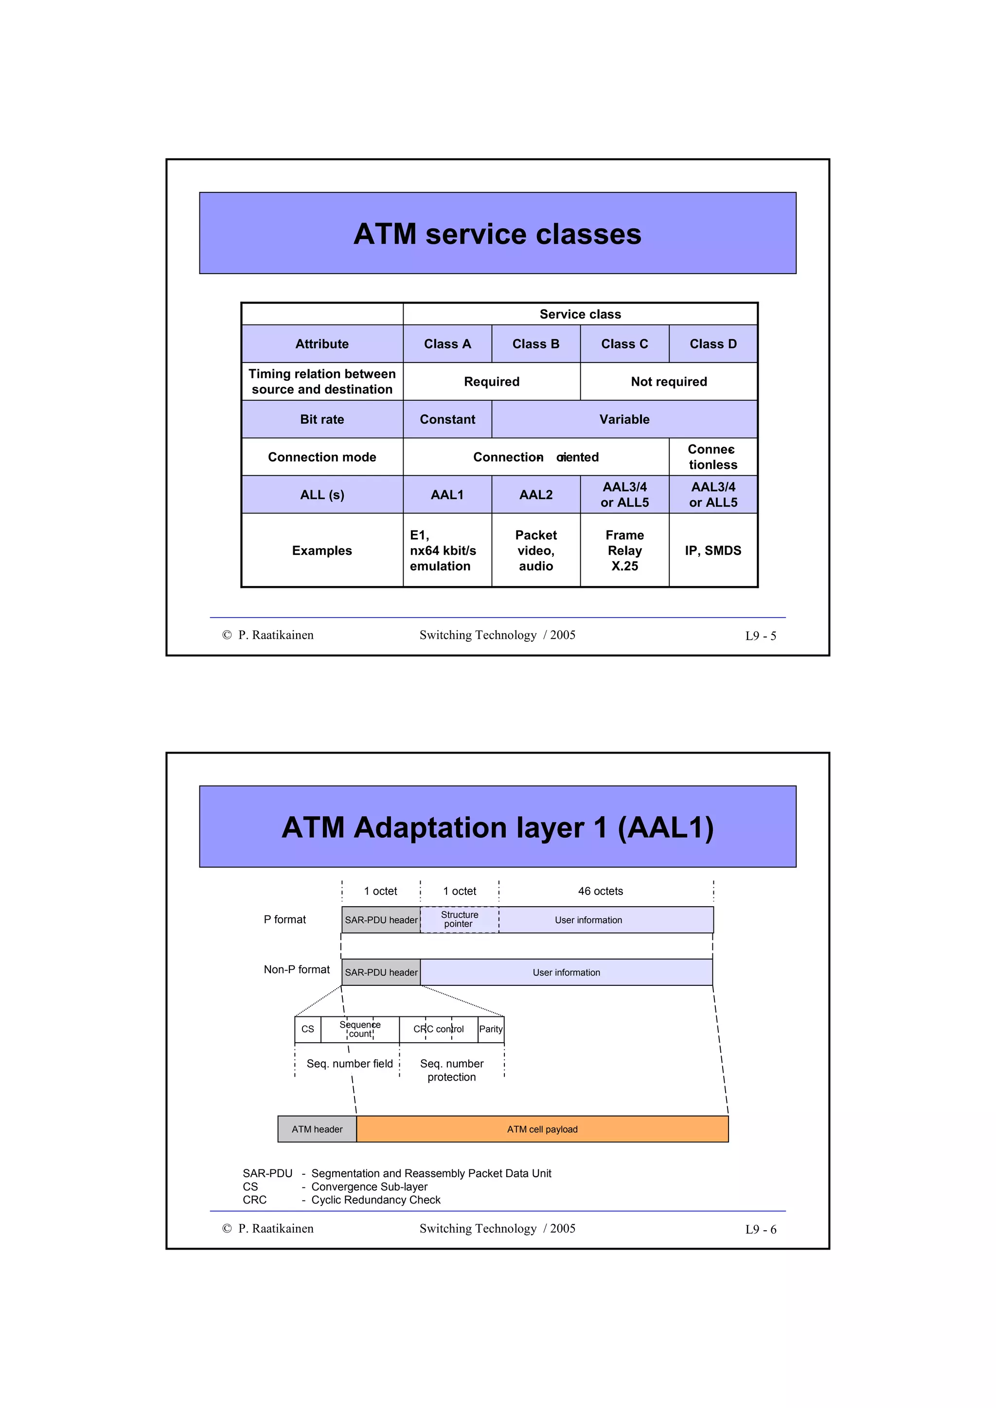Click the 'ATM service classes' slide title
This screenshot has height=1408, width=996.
tap(497, 234)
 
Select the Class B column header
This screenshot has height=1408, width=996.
tap(536, 344)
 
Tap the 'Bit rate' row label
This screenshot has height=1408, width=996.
tap(321, 419)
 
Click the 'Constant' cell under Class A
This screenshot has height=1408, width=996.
tap(447, 419)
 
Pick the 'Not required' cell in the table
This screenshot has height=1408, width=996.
tap(668, 381)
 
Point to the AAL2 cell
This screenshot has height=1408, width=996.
tap(536, 494)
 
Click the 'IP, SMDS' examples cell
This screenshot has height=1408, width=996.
tap(712, 550)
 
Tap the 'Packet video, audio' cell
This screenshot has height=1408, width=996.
tap(536, 550)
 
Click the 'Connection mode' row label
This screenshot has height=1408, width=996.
tap(321, 457)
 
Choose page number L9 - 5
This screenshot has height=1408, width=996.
tap(760, 636)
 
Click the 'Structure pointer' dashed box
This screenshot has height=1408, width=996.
tap(459, 919)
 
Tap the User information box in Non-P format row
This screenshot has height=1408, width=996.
tap(566, 973)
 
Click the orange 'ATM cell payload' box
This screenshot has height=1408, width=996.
tap(542, 1130)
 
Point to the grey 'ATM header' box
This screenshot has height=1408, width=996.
tap(317, 1130)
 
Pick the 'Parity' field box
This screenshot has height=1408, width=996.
tap(491, 1030)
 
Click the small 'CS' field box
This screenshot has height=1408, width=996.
tap(307, 1030)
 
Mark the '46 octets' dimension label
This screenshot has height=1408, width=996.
tap(600, 891)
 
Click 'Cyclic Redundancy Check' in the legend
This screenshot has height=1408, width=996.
tap(375, 1200)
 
